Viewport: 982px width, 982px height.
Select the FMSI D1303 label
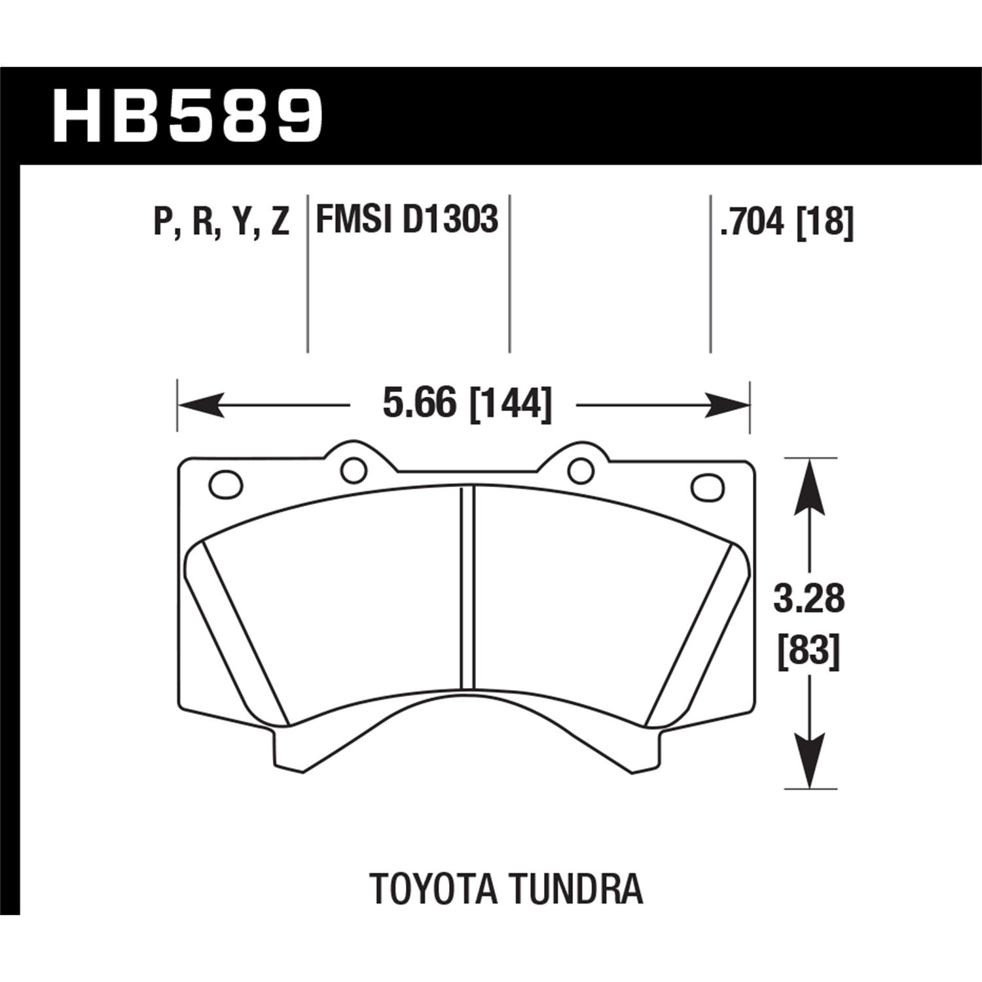click(x=407, y=219)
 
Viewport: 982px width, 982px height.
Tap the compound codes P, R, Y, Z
click(x=221, y=221)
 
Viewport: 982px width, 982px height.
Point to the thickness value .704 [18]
click(x=786, y=221)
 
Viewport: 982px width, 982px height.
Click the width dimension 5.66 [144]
click(x=467, y=404)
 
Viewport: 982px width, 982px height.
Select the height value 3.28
click(x=809, y=600)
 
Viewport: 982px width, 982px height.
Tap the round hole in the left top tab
click(x=354, y=469)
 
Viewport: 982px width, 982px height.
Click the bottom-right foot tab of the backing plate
click(x=645, y=750)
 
